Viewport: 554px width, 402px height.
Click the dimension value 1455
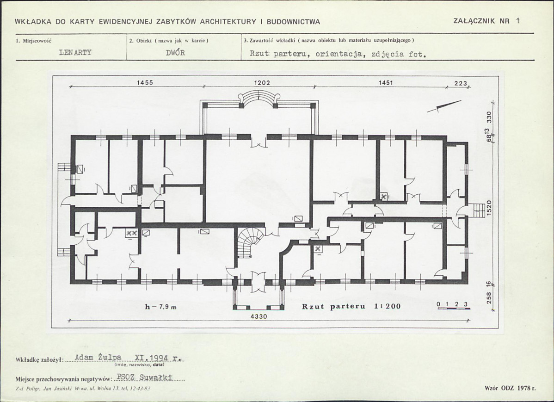(x=145, y=82)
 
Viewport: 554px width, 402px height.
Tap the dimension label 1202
(x=262, y=82)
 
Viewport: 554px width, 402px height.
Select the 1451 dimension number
(x=386, y=82)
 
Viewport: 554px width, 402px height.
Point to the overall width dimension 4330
(x=259, y=316)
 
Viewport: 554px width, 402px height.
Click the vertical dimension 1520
(x=489, y=208)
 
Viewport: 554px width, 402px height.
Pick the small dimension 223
(x=461, y=83)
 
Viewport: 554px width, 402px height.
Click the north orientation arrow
(x=444, y=106)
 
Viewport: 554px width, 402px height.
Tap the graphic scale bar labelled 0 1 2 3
(x=454, y=306)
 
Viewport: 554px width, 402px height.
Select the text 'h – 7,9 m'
(x=161, y=307)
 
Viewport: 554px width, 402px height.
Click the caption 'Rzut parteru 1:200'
(x=351, y=306)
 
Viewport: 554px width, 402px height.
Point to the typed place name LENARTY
(x=75, y=53)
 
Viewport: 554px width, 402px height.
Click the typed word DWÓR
(x=175, y=53)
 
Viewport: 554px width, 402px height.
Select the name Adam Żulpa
(x=98, y=358)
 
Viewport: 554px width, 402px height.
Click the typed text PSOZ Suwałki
(x=144, y=377)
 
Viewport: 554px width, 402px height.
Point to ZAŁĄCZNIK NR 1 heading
(x=486, y=21)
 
